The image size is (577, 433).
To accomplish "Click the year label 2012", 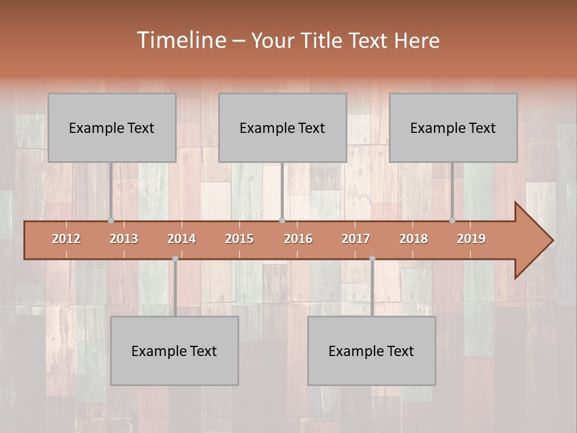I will (x=66, y=239).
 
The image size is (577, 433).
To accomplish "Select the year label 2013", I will (x=124, y=239).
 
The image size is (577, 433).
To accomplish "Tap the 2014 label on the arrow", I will (x=182, y=239).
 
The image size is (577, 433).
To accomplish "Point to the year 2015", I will (x=239, y=239).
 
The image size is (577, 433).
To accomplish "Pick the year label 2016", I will (x=298, y=239).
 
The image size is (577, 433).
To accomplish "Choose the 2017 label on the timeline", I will (x=356, y=239).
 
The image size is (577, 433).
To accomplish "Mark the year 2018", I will (x=414, y=239).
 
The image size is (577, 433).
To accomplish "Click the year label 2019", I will (x=471, y=239).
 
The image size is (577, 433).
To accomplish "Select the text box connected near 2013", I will (x=112, y=127).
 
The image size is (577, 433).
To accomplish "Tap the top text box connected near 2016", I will (x=282, y=127).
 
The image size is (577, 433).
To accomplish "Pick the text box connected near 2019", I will (x=453, y=127).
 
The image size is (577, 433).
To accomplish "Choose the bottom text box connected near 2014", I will (x=174, y=351).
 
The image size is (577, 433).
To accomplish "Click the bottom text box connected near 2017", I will (x=371, y=351).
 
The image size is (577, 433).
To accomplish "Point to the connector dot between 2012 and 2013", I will (x=111, y=220).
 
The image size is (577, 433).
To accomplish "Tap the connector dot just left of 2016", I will (x=282, y=220).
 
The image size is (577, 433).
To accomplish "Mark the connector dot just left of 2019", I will (x=452, y=220).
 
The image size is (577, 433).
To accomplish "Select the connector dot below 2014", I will (x=175, y=259).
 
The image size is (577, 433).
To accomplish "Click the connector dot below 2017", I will (x=372, y=259).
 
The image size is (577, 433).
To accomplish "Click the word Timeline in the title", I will (x=180, y=40).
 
